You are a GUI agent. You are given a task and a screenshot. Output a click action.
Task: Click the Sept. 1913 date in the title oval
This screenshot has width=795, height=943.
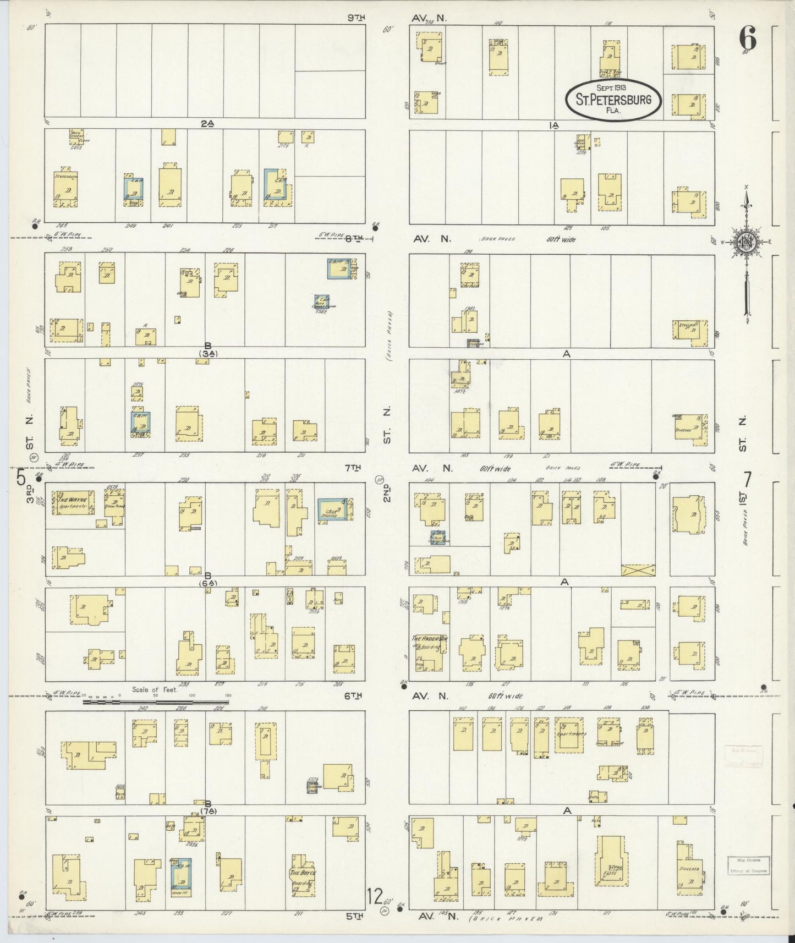[x=613, y=87]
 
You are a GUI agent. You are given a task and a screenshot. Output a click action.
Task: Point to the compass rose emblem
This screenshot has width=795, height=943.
[x=747, y=242]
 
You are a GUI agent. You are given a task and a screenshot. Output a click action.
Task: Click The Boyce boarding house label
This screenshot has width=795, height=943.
[x=303, y=873]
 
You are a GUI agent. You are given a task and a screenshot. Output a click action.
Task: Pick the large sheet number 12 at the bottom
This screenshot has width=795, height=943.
[x=375, y=897]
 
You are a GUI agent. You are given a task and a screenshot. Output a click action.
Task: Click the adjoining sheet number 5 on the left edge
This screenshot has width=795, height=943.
[x=21, y=478]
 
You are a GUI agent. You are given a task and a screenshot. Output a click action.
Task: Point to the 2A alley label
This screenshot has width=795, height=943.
[x=207, y=124]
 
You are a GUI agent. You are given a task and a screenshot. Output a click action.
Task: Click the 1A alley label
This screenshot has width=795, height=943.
[x=554, y=125]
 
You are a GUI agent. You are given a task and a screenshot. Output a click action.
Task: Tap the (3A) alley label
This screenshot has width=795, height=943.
[x=208, y=354]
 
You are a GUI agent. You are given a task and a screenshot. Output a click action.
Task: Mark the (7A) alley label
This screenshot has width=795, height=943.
[x=208, y=811]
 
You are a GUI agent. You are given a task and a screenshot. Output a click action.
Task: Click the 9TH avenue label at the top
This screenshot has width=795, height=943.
[x=356, y=18]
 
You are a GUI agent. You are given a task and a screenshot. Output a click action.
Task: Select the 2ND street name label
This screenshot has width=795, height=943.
[x=387, y=492]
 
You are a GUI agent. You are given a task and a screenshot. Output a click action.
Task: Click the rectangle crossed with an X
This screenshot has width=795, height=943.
[x=638, y=569]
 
